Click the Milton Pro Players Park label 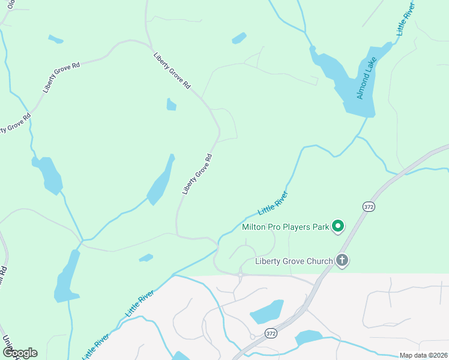(x=285, y=227)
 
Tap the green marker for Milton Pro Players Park (x=338, y=226)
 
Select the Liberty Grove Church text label (x=294, y=261)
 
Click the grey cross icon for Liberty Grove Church (x=342, y=260)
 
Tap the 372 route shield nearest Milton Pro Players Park (x=369, y=206)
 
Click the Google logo (x=19, y=353)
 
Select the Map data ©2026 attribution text (x=423, y=355)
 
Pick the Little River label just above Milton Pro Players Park (x=273, y=204)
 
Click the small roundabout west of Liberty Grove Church (x=240, y=275)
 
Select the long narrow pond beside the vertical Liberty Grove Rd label (x=160, y=182)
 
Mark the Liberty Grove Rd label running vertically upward (x=197, y=174)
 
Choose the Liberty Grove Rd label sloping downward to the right (x=172, y=71)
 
